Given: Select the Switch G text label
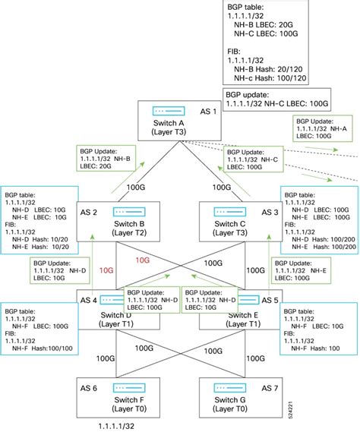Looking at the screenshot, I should [x=226, y=399].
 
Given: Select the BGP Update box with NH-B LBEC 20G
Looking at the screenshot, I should [x=108, y=159].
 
